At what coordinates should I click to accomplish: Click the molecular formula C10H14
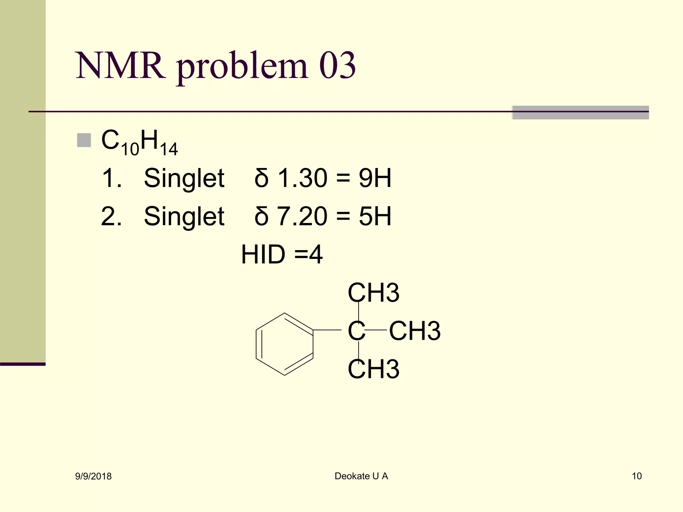pyautogui.click(x=139, y=142)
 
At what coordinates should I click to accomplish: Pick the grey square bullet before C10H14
pyautogui.click(x=84, y=140)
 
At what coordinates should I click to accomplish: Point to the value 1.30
pyautogui.click(x=302, y=178)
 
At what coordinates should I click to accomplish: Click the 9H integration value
pyautogui.click(x=375, y=178)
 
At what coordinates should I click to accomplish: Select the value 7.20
pyautogui.click(x=302, y=216)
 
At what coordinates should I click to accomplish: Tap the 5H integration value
pyautogui.click(x=375, y=216)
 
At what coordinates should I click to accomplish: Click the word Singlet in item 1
pyautogui.click(x=184, y=178)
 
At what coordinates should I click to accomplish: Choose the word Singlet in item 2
pyautogui.click(x=184, y=216)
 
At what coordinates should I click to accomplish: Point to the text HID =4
pyautogui.click(x=282, y=255)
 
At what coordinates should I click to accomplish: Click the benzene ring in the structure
pyautogui.click(x=284, y=344)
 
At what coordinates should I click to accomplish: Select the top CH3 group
pyautogui.click(x=374, y=293)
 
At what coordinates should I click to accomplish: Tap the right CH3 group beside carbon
pyautogui.click(x=415, y=331)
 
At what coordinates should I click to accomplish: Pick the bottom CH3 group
pyautogui.click(x=374, y=369)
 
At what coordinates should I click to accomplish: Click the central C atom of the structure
pyautogui.click(x=357, y=331)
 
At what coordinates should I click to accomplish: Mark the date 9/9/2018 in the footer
pyautogui.click(x=93, y=476)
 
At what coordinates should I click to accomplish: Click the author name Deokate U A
pyautogui.click(x=361, y=476)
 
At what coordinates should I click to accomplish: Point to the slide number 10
pyautogui.click(x=637, y=476)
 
